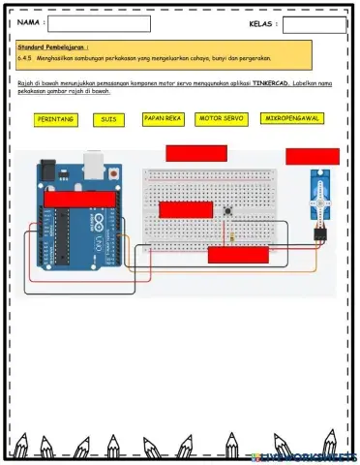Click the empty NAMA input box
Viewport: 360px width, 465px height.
coord(99,24)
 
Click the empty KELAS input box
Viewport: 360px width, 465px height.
coord(315,24)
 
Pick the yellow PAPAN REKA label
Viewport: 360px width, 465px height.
coord(162,119)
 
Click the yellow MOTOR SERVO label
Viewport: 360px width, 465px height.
coord(219,119)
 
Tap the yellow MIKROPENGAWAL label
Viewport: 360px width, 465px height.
coord(291,119)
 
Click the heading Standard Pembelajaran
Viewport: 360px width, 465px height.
coord(53,46)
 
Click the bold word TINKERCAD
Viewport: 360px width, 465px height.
coord(270,84)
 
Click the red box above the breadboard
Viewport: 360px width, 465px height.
coord(196,152)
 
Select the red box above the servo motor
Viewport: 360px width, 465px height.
coord(312,156)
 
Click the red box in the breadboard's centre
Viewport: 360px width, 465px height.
coord(187,209)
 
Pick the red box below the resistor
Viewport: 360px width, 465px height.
coord(238,255)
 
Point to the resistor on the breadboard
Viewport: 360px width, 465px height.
coord(232,234)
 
